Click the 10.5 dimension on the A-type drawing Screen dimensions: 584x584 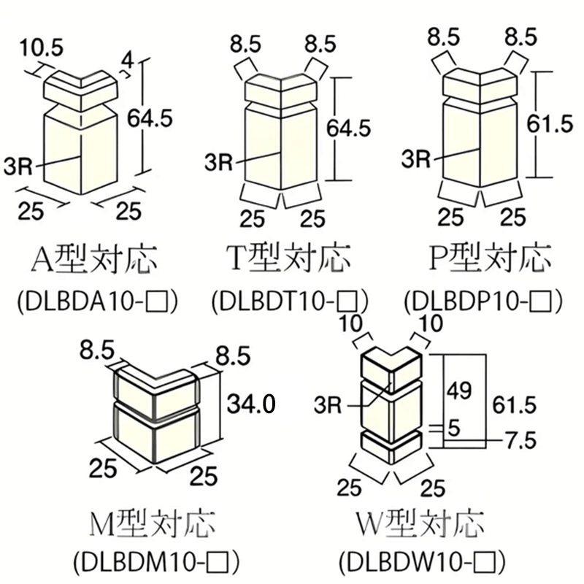[42, 48]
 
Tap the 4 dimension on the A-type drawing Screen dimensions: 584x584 [128, 61]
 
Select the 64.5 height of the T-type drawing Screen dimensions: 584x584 [349, 128]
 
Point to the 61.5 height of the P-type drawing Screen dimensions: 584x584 [550, 123]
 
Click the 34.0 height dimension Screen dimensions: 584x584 [251, 404]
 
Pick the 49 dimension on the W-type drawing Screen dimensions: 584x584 [459, 391]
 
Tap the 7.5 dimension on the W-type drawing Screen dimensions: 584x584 [520, 440]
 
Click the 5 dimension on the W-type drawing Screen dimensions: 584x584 [454, 428]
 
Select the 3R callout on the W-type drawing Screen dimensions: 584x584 [328, 404]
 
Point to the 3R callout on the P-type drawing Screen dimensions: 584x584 [415, 158]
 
